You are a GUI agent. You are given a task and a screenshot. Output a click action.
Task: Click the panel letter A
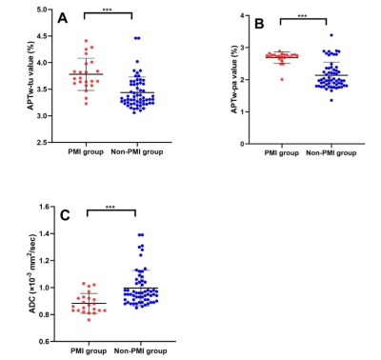[63, 18]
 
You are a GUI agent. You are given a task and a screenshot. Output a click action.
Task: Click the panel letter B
[259, 24]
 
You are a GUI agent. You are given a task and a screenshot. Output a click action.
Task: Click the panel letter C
[65, 215]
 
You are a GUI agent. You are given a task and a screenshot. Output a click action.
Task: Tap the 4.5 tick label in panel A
[42, 36]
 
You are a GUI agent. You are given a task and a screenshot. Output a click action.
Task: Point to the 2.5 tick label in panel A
[42, 143]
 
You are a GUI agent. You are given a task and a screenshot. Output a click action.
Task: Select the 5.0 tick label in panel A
[42, 10]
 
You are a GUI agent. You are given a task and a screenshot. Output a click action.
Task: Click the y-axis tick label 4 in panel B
[243, 15]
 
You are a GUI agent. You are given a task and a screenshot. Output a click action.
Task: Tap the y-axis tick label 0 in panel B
[243, 144]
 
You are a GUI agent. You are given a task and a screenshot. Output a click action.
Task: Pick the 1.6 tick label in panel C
[45, 207]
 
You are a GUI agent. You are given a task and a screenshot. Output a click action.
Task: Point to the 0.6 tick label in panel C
[45, 342]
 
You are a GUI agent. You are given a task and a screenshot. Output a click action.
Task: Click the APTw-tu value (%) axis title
[30, 75]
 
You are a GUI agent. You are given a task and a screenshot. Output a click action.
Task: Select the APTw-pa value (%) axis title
[234, 79]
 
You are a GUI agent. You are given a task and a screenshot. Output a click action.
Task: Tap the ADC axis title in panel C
[32, 273]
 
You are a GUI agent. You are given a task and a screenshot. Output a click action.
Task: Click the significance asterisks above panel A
[107, 10]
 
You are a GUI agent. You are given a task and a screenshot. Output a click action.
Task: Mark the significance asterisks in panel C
[110, 208]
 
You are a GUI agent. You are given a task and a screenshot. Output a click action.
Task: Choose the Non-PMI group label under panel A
[137, 152]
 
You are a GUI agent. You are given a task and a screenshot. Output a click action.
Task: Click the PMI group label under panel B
[282, 153]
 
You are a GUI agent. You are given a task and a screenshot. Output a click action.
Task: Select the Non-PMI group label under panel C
[140, 351]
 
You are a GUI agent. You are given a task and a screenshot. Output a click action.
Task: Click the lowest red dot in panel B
[282, 79]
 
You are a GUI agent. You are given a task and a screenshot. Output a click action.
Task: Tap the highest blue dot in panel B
[331, 35]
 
